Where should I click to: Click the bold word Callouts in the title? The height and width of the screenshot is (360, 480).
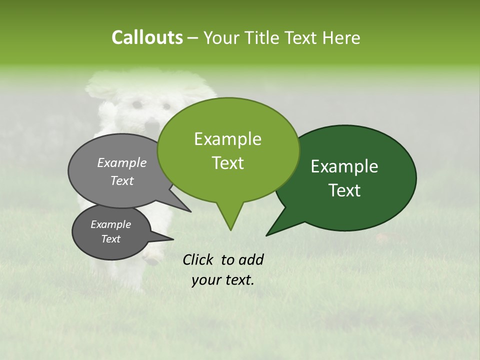147,37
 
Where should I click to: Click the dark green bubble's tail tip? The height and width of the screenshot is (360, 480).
267,234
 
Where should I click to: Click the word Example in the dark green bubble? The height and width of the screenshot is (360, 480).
344,166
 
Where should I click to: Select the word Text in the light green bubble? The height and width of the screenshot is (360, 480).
228,163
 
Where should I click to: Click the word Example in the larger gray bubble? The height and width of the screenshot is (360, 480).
122,162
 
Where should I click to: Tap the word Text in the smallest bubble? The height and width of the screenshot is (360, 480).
110,239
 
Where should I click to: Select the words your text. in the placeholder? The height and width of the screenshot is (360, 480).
223,280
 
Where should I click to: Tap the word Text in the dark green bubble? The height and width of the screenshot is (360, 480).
344,190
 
